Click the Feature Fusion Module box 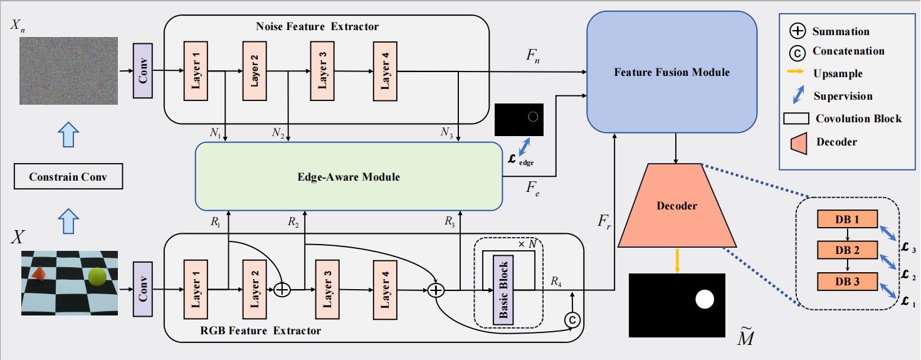672,72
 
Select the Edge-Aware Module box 349,176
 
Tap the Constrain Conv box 68,177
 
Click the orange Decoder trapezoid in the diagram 676,206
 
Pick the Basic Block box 503,290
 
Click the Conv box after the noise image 143,71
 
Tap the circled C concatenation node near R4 572,320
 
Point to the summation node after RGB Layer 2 283,290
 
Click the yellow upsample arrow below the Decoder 677,260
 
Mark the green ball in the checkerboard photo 97,277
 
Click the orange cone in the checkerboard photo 39,273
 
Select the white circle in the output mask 705,300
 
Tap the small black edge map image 518,119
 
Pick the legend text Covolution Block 858,119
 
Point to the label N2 278,132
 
